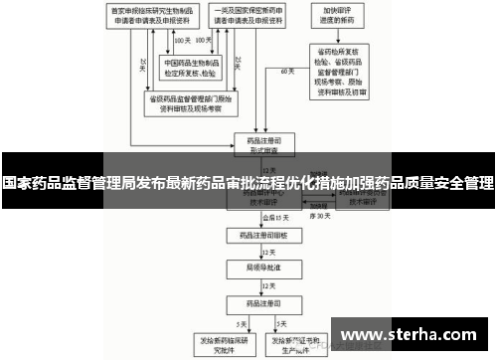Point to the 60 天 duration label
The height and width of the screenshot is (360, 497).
tap(288, 73)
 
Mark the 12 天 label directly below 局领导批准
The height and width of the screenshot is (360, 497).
tap(269, 284)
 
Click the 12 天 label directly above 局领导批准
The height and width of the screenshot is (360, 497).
tap(269, 254)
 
